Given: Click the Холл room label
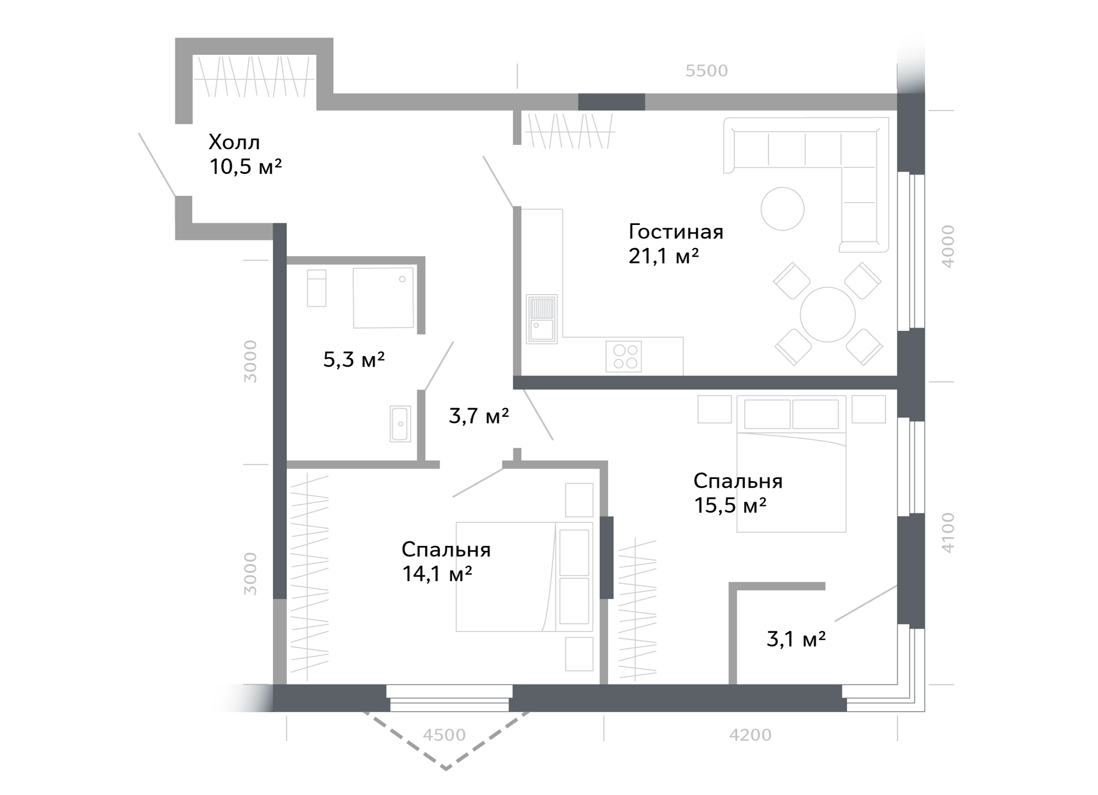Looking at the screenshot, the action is [234, 143].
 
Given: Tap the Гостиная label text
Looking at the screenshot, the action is [676, 232].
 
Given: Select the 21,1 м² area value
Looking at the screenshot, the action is [664, 256].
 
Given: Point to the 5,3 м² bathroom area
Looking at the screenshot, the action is [354, 360].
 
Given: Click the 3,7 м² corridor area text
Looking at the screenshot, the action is [479, 416].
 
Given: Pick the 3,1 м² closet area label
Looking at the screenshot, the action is [796, 639].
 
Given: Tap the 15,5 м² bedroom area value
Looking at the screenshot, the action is [730, 505].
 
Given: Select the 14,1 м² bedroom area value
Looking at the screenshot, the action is [437, 574].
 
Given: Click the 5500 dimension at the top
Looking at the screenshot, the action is [707, 71].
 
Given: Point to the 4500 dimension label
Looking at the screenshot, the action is [445, 735].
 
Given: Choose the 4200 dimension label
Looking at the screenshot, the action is [750, 735].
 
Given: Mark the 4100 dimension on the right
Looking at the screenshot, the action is [948, 533].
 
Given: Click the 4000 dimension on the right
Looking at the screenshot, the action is [948, 246].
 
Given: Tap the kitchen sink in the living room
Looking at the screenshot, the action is [542, 319].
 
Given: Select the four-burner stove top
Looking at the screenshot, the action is [624, 356].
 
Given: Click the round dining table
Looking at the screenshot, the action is [828, 315].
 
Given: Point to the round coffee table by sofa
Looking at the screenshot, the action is [782, 208].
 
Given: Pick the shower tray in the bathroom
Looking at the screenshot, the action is [383, 298].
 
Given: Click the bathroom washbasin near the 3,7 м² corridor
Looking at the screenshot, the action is [400, 424].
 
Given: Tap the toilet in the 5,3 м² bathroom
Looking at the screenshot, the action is [317, 288].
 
